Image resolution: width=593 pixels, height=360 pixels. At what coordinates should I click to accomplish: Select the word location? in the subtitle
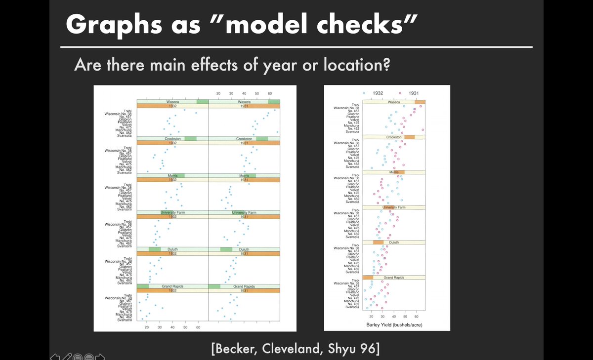point(354,64)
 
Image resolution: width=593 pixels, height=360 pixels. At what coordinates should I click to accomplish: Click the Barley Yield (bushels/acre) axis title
point(394,325)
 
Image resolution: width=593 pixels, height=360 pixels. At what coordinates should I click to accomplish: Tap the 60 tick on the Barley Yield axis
point(417,316)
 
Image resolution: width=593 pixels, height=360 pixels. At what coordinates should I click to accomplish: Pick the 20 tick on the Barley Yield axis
point(371,316)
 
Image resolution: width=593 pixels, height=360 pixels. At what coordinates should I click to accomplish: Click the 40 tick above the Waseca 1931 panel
point(244,93)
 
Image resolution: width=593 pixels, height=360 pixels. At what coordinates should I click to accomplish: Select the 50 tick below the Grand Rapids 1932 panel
point(185,327)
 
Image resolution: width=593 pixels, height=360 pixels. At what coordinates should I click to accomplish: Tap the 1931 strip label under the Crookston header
point(244,143)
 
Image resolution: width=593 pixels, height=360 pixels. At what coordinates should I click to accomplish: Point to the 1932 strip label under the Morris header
point(172,180)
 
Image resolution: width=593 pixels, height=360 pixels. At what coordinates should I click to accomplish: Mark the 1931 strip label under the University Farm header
point(244,216)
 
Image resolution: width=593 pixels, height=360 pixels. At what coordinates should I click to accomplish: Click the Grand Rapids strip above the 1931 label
point(244,286)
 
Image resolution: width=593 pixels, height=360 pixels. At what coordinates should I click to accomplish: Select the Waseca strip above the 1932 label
point(172,101)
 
